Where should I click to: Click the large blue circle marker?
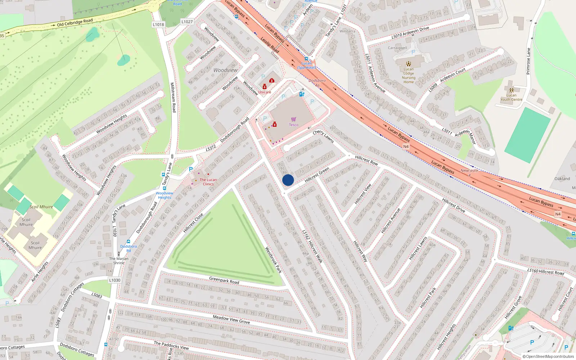[288, 180]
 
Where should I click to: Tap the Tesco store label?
[293, 125]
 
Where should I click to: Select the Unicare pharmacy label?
[265, 92]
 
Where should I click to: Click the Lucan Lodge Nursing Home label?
[409, 75]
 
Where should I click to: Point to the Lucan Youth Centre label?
[511, 97]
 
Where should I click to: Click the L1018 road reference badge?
[158, 24]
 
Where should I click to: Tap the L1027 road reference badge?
[187, 22]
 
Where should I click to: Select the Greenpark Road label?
[224, 280]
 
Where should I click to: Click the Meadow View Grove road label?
[231, 319]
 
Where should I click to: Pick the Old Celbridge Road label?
[75, 23]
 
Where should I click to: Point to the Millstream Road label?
[173, 97]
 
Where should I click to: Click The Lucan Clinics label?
[208, 182]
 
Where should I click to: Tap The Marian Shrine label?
[119, 261]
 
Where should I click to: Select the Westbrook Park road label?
[273, 260]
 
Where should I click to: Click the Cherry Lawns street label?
[323, 136]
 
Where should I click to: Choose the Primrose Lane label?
[528, 61]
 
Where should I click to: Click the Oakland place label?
[562, 179]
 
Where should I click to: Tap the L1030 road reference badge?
[115, 280]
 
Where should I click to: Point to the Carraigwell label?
[397, 48]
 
